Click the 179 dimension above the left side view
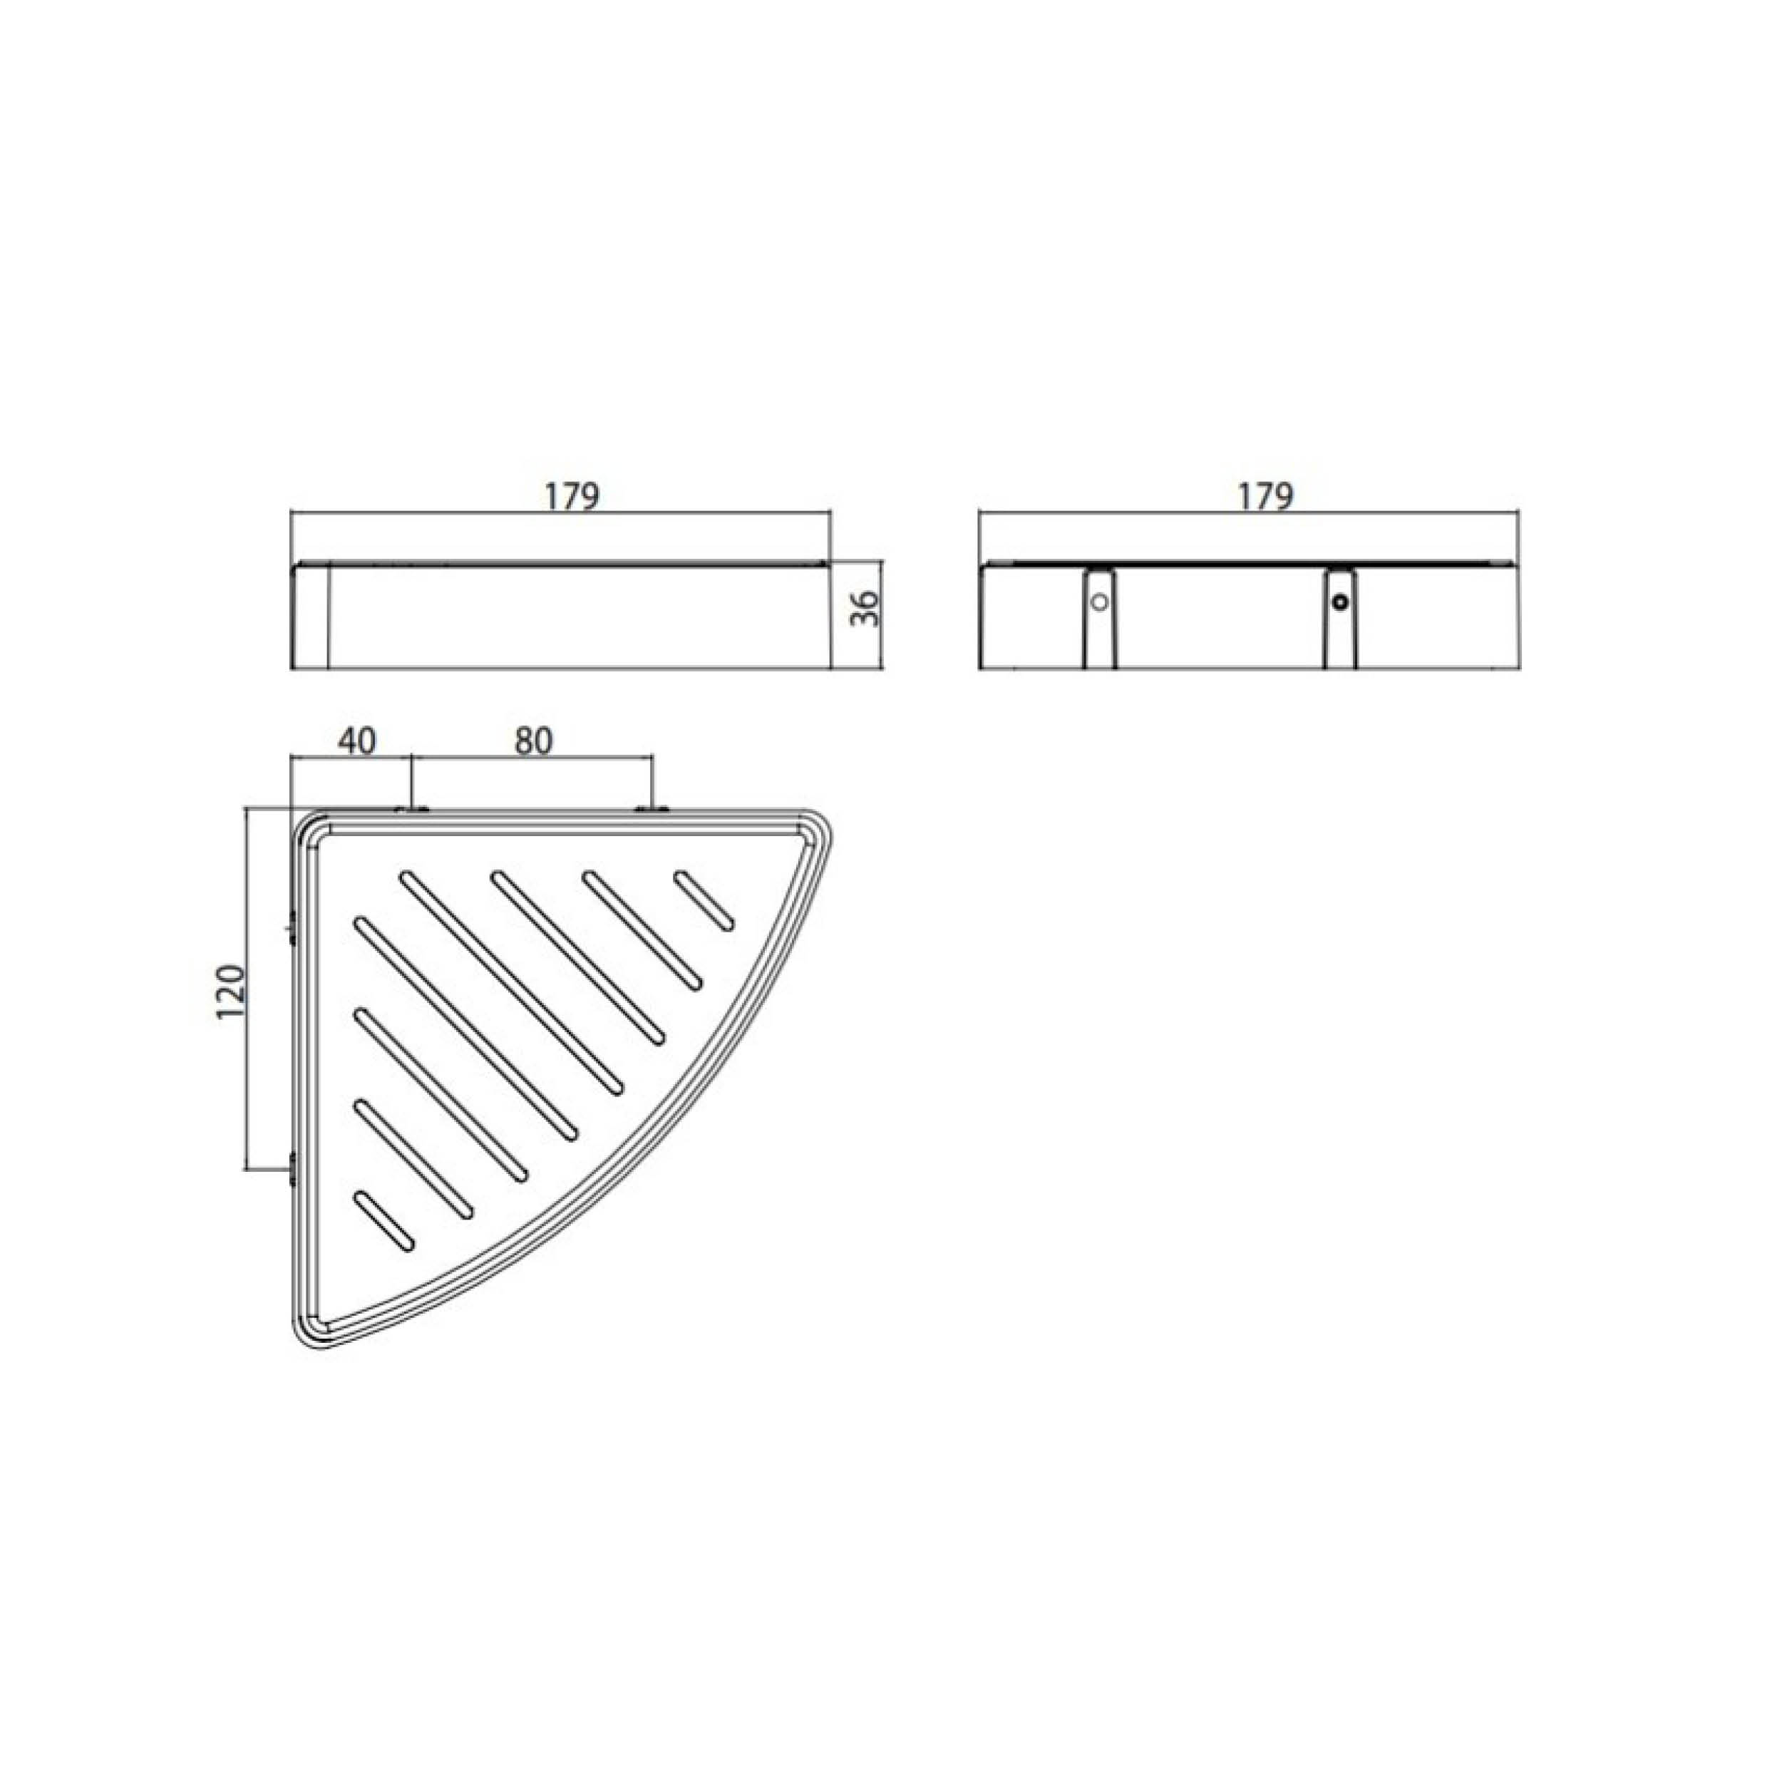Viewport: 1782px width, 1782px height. [572, 496]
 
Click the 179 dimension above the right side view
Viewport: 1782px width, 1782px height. [1265, 496]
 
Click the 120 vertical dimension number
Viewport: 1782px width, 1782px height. [232, 992]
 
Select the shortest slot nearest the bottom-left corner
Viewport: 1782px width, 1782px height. [383, 1223]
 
